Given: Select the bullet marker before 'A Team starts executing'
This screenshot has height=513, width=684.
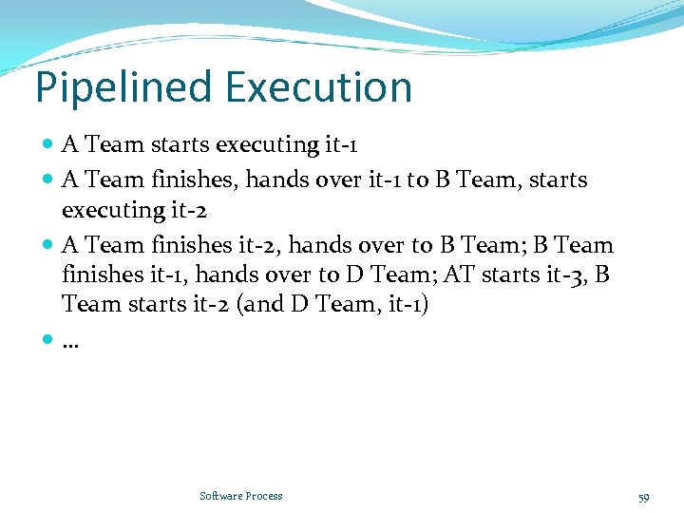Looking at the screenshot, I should pos(48,145).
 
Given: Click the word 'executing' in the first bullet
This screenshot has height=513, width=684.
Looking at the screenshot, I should pos(267,145).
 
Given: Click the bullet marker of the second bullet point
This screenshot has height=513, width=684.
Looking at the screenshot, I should pos(48,180).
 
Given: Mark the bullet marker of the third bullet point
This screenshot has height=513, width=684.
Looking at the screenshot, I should pos(48,245).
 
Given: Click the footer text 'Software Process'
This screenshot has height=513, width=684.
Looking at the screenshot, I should pos(240,496).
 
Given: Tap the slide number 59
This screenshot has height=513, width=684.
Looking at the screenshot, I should pos(643,497).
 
